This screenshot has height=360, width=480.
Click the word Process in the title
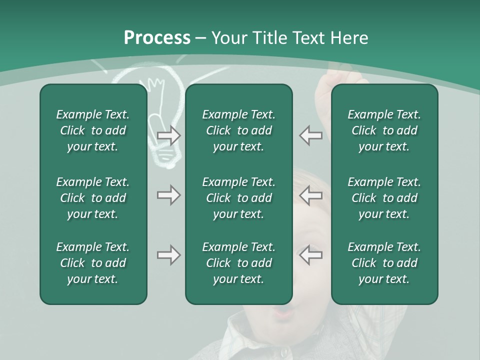click(x=157, y=38)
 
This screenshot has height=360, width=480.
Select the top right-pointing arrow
click(x=168, y=135)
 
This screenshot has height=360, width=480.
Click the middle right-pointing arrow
click(x=168, y=195)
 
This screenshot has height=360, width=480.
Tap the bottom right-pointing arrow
click(x=168, y=255)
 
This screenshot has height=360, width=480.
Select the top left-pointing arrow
click(x=311, y=135)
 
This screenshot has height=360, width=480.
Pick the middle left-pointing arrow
click(x=311, y=195)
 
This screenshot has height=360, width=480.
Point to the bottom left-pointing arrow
click(x=311, y=255)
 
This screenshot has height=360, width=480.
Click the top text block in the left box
click(x=93, y=130)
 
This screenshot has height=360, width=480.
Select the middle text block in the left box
click(x=93, y=198)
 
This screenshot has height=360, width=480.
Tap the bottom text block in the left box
click(x=93, y=263)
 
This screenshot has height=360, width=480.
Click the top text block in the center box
click(x=238, y=130)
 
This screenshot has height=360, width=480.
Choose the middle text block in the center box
click(x=238, y=198)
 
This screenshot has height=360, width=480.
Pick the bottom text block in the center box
click(x=238, y=263)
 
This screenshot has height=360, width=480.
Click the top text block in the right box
click(x=384, y=130)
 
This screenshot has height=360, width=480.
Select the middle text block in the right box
click(x=384, y=198)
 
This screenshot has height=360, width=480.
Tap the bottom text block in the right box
click(x=384, y=263)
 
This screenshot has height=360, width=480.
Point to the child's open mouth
click(x=283, y=314)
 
